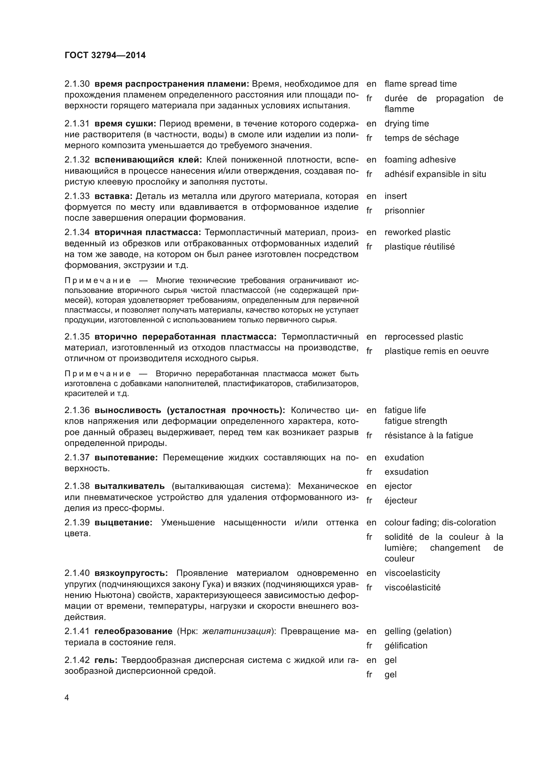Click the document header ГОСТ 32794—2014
point(105,55)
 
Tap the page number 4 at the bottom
point(67,698)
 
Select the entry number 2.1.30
point(77,84)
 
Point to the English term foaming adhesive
point(420,160)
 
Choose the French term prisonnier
point(404,210)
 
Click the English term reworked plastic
point(417,232)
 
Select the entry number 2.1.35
point(77,337)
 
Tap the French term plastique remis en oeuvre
point(436,351)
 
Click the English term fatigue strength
point(416,421)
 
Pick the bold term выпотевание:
point(126,457)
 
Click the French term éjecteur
point(401,500)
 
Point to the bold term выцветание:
point(123,522)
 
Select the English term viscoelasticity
point(412,573)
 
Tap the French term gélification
point(406,646)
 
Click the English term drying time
point(406,123)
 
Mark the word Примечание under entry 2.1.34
point(98,280)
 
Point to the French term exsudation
point(406,472)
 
